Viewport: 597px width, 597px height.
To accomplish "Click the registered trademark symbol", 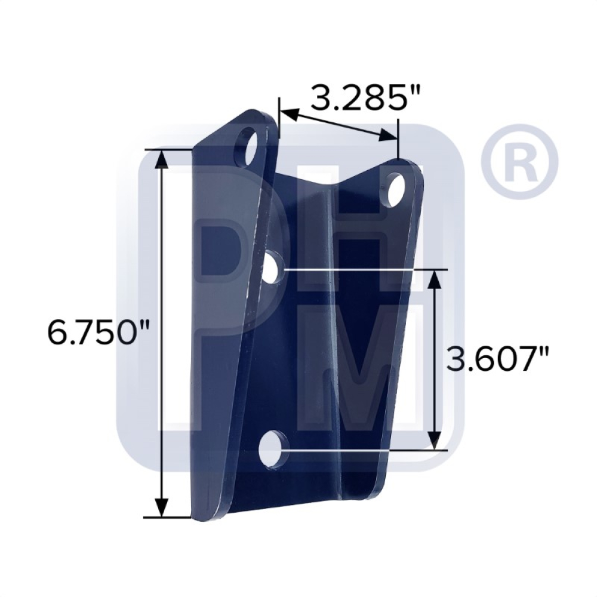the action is point(520,161).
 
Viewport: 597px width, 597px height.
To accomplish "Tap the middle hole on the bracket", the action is point(274,269).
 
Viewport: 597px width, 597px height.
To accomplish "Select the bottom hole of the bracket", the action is point(273,449).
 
